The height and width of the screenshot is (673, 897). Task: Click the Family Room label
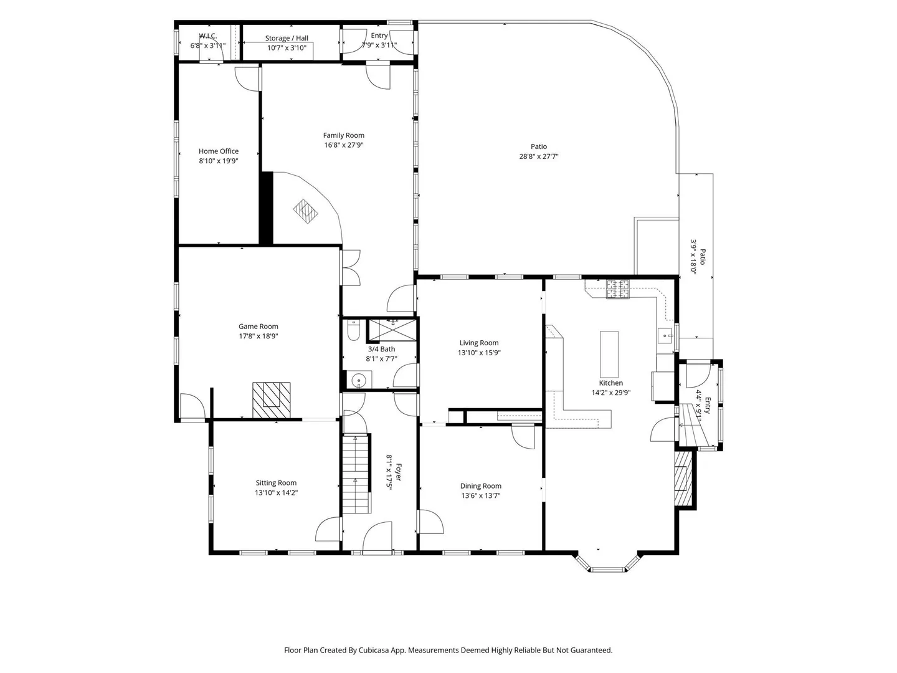343,135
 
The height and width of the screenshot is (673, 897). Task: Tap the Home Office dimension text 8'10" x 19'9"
219,161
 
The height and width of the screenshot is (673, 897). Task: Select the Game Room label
259,327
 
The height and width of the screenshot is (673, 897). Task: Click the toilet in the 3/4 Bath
353,330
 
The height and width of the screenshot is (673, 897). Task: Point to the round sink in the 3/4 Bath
358,380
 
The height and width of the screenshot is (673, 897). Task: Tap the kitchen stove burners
617,289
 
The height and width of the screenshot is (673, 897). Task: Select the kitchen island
609,355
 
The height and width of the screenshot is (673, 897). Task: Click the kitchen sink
665,336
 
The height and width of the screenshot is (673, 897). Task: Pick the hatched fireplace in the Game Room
272,401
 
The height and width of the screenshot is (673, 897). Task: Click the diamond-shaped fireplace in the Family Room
305,211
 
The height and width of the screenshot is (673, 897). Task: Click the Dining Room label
480,486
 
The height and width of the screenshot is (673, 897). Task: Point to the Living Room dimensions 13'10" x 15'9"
479,353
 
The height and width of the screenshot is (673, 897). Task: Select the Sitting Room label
276,483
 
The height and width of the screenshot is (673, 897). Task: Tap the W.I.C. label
208,36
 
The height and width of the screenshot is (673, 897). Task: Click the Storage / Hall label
287,38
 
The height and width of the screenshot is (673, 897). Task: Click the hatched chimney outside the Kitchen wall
684,479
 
